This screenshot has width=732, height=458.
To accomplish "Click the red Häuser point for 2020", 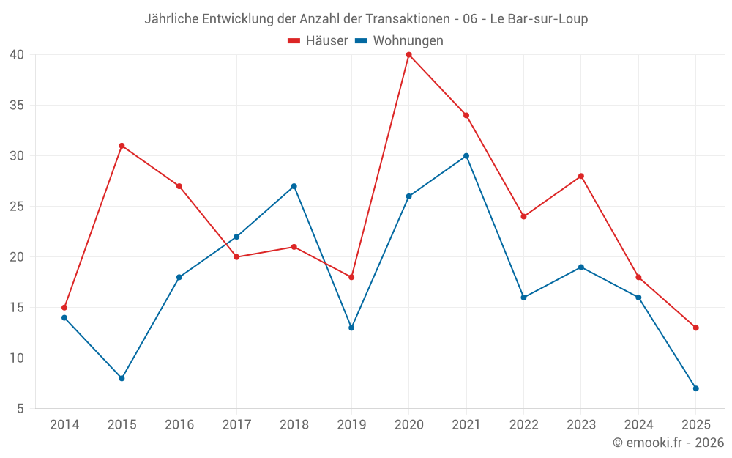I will coord(408,54).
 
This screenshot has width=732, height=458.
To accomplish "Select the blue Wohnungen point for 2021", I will coord(466,156).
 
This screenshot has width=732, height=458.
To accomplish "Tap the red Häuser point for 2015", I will coord(122,146).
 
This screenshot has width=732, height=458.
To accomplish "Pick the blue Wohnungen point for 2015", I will coord(122,378).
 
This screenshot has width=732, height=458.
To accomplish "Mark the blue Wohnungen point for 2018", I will coord(294,186).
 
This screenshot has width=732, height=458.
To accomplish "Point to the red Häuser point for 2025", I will coord(695,328).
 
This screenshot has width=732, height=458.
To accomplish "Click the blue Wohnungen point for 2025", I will coord(695,388).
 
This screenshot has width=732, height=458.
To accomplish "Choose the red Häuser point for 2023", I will coord(581,176).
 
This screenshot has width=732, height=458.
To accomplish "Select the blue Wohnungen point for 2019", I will coord(351,328).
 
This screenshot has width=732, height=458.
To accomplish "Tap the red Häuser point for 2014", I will coord(64,308).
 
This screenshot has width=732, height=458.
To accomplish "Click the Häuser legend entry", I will coord(318,41).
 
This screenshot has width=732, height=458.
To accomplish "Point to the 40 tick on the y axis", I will coord(17,54).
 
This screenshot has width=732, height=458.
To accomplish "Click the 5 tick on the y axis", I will coord(20,409).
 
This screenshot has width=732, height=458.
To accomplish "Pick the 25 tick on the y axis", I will coord(17,207).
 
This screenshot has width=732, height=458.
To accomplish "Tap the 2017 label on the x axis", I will coord(236,425).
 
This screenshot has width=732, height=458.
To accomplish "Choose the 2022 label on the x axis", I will coord(523,425).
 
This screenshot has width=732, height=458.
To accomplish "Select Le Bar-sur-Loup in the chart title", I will coord(539,19).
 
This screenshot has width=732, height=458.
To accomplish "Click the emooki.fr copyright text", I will coord(668,443).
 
